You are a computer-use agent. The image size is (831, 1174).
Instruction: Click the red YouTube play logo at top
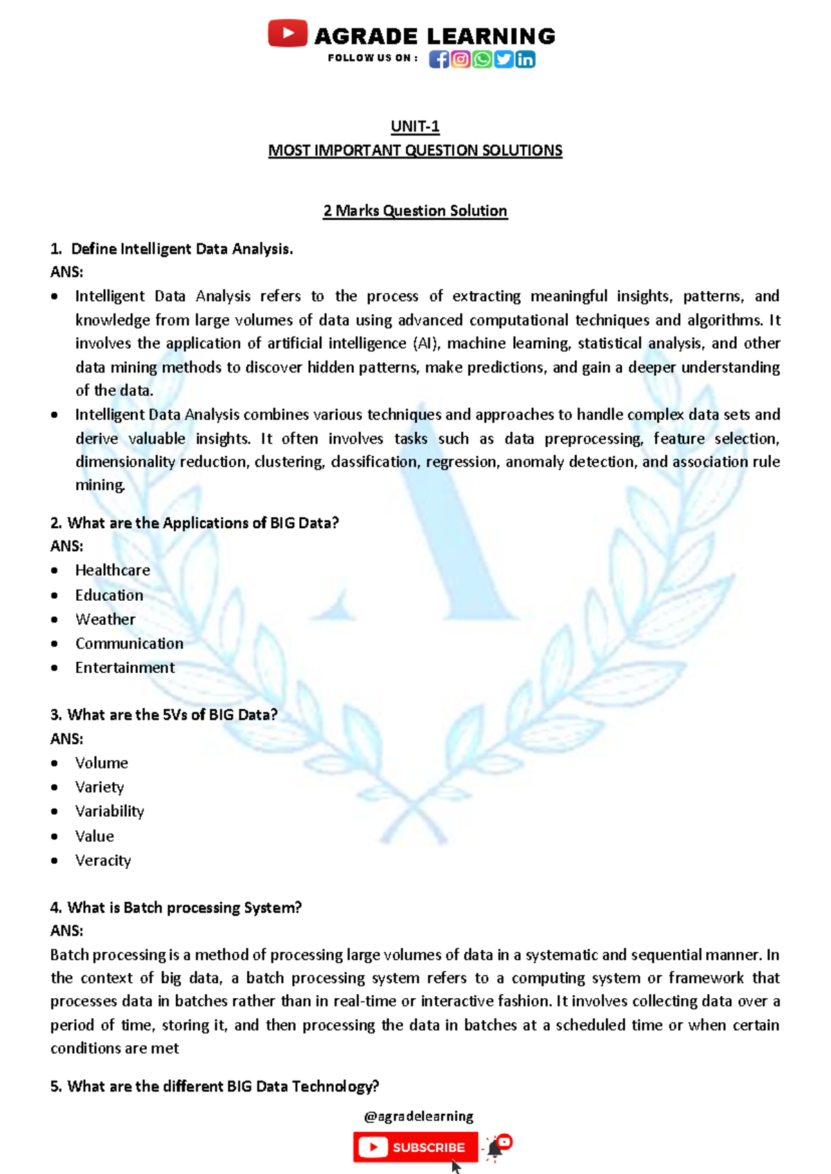pos(287,33)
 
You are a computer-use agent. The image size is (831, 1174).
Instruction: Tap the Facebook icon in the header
pos(438,60)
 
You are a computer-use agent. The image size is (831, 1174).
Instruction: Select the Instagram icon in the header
pos(461,60)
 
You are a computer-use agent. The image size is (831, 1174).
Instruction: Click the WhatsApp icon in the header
pos(482,60)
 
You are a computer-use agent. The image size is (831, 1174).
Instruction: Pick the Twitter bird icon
pos(503,60)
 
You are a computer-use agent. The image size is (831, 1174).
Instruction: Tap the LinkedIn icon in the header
pos(526,60)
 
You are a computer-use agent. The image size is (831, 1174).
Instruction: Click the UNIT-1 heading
pos(415,127)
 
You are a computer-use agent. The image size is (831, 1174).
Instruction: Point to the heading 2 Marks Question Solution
pos(415,210)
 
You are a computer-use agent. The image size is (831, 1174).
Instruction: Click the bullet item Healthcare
pos(112,570)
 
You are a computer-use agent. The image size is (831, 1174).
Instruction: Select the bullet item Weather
pos(105,620)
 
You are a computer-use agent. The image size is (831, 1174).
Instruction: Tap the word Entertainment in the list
pos(125,668)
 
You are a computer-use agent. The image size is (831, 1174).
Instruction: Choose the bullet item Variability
pos(109,811)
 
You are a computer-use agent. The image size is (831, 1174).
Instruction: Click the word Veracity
pos(102,860)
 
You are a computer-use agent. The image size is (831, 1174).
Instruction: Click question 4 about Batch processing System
pos(176,907)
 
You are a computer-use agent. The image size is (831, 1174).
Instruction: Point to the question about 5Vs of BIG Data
pos(163,715)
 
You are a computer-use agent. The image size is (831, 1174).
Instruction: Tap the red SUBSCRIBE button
pos(415,1147)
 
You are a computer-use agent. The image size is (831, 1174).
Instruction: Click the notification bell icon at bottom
pos(494,1148)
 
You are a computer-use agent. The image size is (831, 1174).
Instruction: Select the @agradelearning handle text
pos(418,1117)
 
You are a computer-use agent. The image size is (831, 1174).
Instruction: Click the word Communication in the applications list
pos(129,644)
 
